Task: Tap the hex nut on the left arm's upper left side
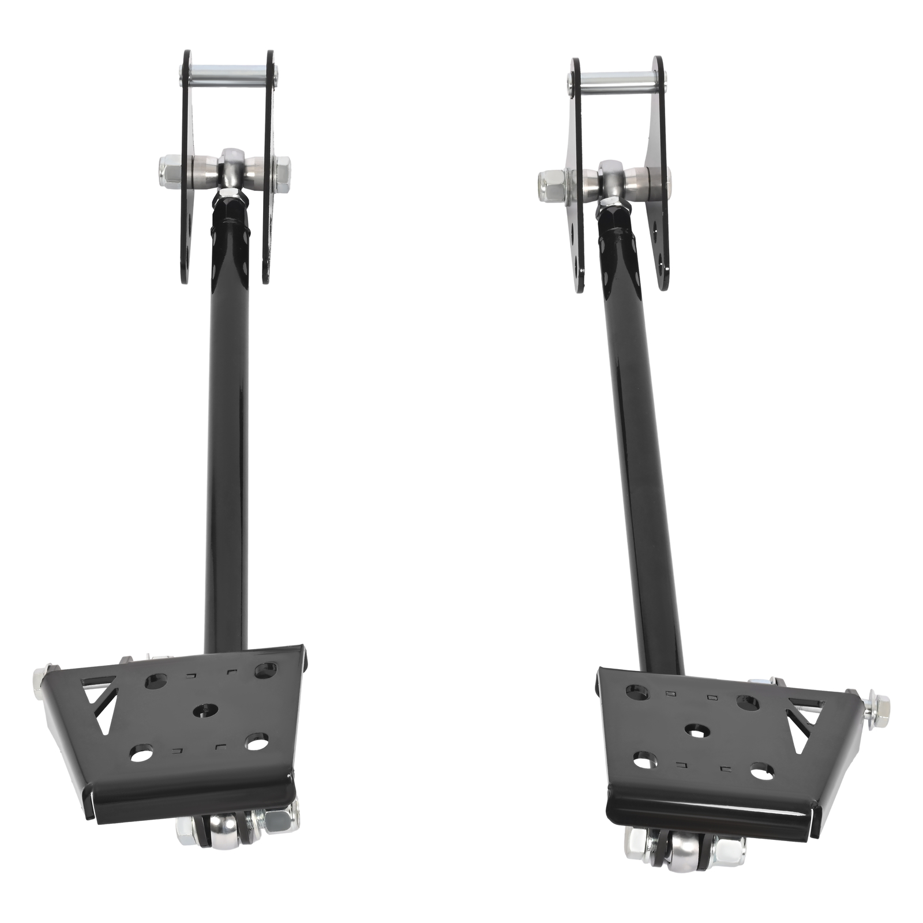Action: point(168,171)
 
